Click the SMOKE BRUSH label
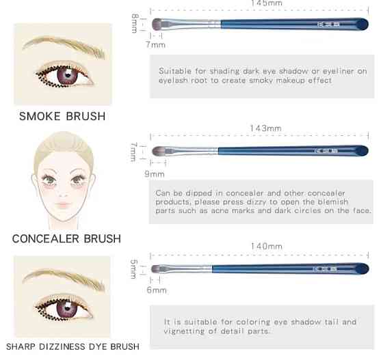[62, 116]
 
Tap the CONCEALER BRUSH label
[66, 238]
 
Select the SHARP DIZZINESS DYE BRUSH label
[72, 346]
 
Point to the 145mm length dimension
[267, 3]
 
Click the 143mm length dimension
[265, 128]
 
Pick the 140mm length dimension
[267, 246]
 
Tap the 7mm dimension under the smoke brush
[156, 44]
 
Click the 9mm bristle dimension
[155, 174]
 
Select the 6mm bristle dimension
[157, 290]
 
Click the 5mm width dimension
[133, 268]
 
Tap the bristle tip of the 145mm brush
[153, 24]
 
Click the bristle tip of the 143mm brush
[153, 151]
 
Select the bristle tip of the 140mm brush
[152, 268]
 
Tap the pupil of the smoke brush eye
[68, 75]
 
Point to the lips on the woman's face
[63, 204]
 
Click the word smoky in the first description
[260, 80]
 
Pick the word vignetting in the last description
[184, 331]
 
